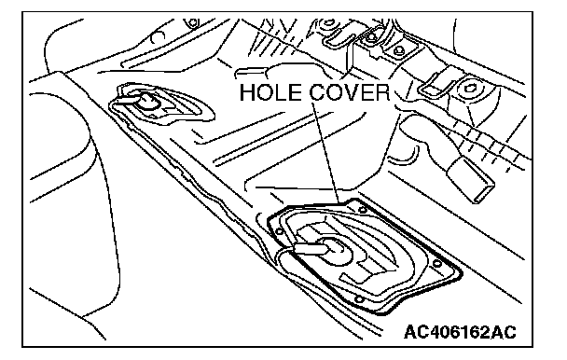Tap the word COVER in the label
pyautogui.click(x=350, y=92)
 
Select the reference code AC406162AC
pyautogui.click(x=460, y=332)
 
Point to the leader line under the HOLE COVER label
pyautogui.click(x=326, y=152)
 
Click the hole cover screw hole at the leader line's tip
pyautogui.click(x=362, y=210)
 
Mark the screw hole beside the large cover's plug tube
pyautogui.click(x=279, y=232)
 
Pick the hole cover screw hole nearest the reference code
pyautogui.click(x=436, y=263)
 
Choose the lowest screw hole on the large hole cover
pyautogui.click(x=359, y=299)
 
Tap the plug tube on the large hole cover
pyautogui.click(x=310, y=249)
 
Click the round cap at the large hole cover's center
pyautogui.click(x=332, y=249)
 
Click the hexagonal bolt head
pyautogui.click(x=469, y=89)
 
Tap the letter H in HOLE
pyautogui.click(x=247, y=92)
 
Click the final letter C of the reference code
pyautogui.click(x=510, y=332)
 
